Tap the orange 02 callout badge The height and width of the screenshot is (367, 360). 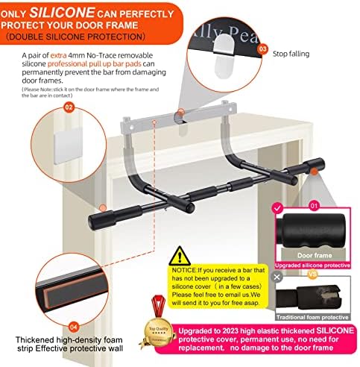click(x=69, y=107)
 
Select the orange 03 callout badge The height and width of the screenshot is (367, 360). click(x=262, y=48)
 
